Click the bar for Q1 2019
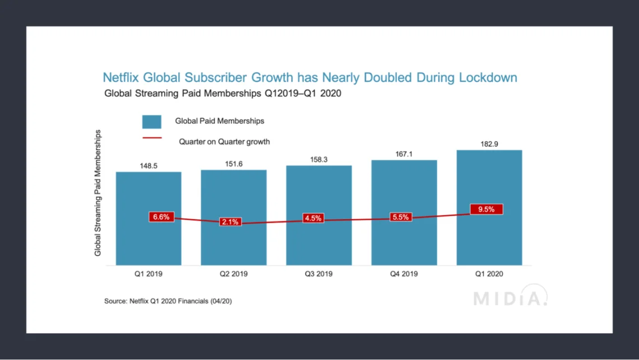tap(149, 241)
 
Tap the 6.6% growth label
tap(161, 217)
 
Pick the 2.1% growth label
tap(229, 222)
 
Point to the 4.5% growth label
tap(313, 218)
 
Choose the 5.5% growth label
tap(400, 217)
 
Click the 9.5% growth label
tap(486, 209)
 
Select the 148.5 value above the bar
tap(149, 166)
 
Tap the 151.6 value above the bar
tap(234, 164)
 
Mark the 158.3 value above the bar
tap(319, 160)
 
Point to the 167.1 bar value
tap(404, 154)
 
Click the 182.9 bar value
tap(489, 144)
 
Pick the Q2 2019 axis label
tap(234, 274)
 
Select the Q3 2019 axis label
tap(319, 274)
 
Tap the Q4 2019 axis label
tap(404, 274)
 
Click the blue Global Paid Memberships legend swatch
tap(151, 122)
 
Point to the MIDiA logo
tap(510, 297)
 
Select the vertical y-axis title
tap(98, 193)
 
